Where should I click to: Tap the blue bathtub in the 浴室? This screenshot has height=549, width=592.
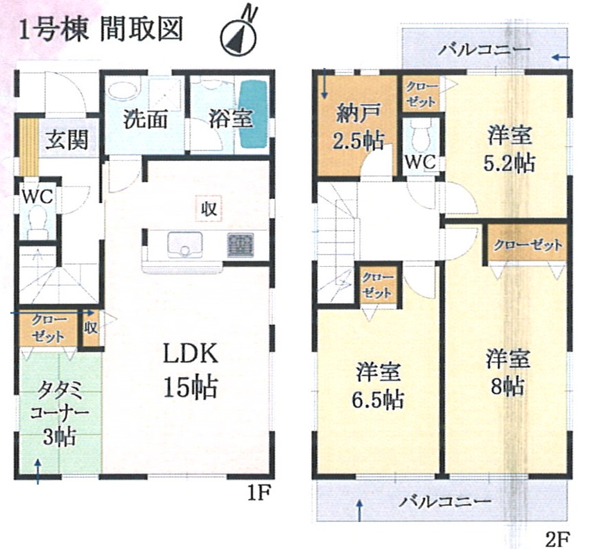pos(253,115)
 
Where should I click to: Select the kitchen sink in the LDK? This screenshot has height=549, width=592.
pos(184,244)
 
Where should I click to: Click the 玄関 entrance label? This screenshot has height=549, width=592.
pos(67,140)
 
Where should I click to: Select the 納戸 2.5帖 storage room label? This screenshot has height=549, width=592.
pos(357,127)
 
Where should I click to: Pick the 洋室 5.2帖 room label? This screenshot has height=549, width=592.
pos(510,149)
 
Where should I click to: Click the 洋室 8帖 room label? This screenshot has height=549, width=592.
pos(507,372)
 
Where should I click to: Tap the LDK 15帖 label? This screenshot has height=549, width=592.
pos(190,370)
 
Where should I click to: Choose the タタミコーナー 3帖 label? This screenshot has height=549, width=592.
pos(60,412)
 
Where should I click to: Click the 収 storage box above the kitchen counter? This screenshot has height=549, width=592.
pos(209,208)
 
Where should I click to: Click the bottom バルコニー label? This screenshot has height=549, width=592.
pos(446,502)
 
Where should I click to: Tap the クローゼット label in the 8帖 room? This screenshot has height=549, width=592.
pos(528,245)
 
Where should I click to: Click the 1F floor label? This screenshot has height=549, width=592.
pos(259,492)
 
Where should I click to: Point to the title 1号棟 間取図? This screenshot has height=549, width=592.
pos(101,29)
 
